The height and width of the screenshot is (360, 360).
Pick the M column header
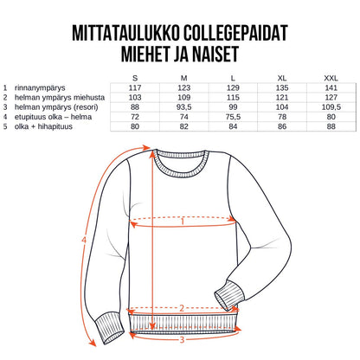click(183, 78)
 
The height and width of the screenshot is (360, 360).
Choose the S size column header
click(135, 78)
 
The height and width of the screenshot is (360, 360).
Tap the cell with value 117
click(135, 87)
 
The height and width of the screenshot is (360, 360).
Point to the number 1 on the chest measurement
click(183, 222)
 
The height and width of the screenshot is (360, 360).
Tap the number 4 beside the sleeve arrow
click(83, 239)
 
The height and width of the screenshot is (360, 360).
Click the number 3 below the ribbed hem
click(182, 338)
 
